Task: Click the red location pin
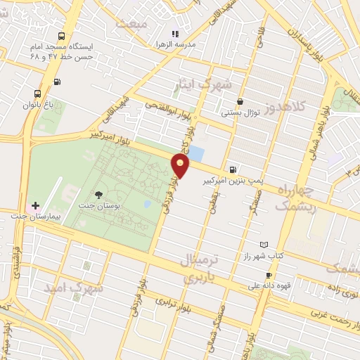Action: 181,166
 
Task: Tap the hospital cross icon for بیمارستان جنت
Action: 35,205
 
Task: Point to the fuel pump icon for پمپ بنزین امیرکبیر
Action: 232,169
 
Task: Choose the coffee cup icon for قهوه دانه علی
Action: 268,275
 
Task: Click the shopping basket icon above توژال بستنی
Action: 240,101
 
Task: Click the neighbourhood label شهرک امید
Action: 73,288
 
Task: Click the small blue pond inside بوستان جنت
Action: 147,205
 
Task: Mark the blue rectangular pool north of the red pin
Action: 197,153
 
